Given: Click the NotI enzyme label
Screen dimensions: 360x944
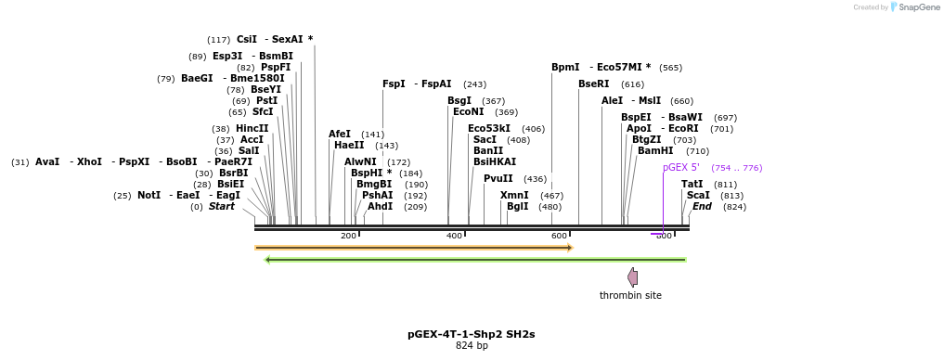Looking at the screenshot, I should click(x=149, y=196).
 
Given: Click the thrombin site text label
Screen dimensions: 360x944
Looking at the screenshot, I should click(x=630, y=296).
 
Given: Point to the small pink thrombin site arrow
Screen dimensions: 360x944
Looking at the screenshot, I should click(x=632, y=276).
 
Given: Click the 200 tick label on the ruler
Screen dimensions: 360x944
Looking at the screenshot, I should click(x=348, y=236).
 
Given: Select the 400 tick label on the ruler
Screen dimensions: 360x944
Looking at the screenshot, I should click(x=454, y=236).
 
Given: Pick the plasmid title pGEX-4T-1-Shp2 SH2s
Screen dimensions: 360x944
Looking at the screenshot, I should click(x=471, y=334).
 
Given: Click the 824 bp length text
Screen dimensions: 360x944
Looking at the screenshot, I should click(x=471, y=346).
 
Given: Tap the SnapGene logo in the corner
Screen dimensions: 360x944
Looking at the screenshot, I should click(x=914, y=7).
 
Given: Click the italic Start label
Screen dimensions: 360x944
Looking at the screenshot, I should click(x=221, y=207).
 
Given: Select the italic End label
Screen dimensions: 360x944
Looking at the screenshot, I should click(x=702, y=207).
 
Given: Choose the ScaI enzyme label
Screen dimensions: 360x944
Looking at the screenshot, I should click(x=698, y=196).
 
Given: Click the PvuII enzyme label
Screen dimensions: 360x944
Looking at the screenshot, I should click(x=498, y=179).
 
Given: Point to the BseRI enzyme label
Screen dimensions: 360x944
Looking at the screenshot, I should click(x=593, y=84).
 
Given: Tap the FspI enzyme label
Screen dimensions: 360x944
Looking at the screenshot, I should click(x=394, y=84).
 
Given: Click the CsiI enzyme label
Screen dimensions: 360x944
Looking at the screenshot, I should click(x=246, y=40).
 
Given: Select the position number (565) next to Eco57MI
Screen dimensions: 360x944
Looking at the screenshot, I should click(x=670, y=68).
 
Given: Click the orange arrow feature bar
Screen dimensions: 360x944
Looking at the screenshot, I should click(x=414, y=248).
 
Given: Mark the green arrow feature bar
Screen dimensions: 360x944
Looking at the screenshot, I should click(x=475, y=260).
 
